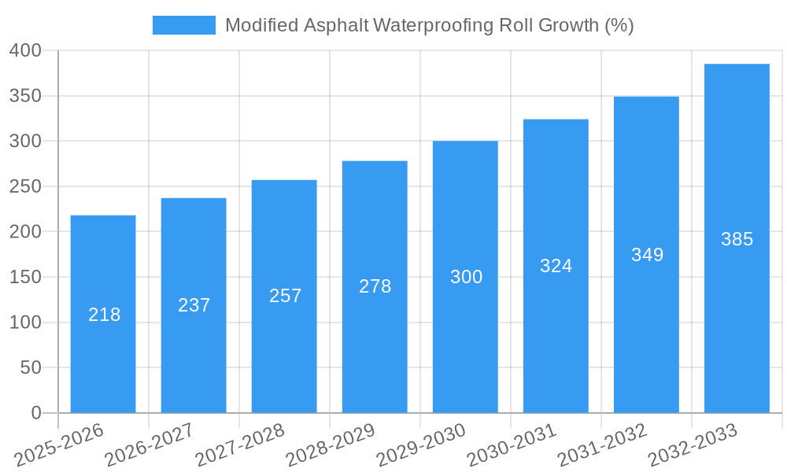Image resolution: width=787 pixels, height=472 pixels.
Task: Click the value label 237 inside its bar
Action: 194,305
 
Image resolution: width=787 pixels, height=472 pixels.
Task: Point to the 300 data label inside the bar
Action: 466,277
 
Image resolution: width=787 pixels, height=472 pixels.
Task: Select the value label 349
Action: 647,255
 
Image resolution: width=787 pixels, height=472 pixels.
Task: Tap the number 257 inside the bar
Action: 285,296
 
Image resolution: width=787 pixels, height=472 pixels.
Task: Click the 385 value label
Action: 737,239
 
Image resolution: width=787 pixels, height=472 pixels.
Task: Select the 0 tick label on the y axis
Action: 35,413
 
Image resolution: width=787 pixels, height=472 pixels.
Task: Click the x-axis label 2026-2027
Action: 150,444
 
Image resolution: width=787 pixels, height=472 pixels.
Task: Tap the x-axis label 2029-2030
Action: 421,444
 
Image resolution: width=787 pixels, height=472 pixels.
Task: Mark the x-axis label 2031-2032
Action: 602,444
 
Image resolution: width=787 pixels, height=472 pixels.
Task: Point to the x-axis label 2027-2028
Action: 240,444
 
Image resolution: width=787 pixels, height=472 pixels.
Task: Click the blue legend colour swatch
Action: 183,25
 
